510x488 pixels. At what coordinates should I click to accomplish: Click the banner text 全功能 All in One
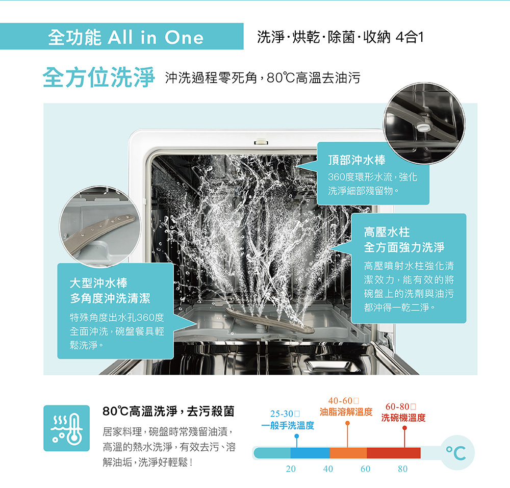tap(125, 37)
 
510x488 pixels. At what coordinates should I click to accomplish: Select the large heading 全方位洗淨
tap(98, 78)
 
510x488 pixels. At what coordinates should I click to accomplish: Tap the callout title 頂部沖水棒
tap(356, 160)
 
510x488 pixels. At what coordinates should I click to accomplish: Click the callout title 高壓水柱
tap(387, 232)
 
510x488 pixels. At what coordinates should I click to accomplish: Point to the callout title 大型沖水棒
tap(98, 283)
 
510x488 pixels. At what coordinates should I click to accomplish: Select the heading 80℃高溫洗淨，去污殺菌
tap(168, 412)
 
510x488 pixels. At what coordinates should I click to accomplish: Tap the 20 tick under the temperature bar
tap(291, 469)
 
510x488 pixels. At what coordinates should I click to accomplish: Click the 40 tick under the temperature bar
tap(328, 469)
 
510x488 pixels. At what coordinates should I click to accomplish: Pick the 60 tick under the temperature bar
tap(366, 469)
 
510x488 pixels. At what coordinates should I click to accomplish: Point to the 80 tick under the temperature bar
tap(403, 469)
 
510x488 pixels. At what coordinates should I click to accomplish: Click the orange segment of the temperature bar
tap(348, 453)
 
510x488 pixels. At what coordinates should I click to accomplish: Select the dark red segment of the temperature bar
tap(394, 453)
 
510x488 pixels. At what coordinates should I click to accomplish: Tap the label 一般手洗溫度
tap(288, 425)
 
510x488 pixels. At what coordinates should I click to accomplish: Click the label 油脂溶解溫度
tap(346, 412)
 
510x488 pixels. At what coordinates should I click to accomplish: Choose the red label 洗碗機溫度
tap(403, 418)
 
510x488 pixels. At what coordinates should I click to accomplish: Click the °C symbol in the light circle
tap(456, 453)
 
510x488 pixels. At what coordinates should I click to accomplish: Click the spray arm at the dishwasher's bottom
tap(269, 320)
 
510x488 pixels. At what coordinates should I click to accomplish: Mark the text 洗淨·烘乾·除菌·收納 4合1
tap(340, 37)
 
